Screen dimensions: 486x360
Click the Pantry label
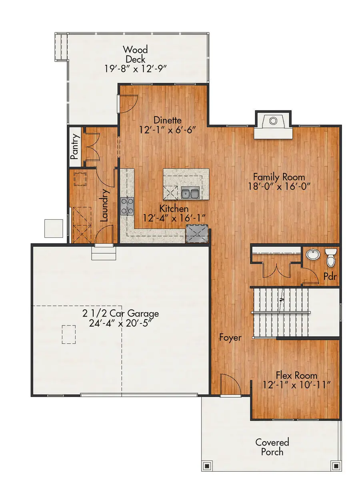75,147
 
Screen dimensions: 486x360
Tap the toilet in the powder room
331,257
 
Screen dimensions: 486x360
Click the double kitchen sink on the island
190,194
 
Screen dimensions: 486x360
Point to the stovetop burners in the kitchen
127,206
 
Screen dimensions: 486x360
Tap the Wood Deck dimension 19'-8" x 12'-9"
135,68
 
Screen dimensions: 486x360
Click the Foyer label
230,337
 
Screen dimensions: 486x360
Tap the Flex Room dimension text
296,385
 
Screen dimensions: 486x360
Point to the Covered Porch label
272,447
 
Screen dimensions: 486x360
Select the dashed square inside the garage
69,334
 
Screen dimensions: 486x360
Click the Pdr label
330,277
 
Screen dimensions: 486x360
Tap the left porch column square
206,466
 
